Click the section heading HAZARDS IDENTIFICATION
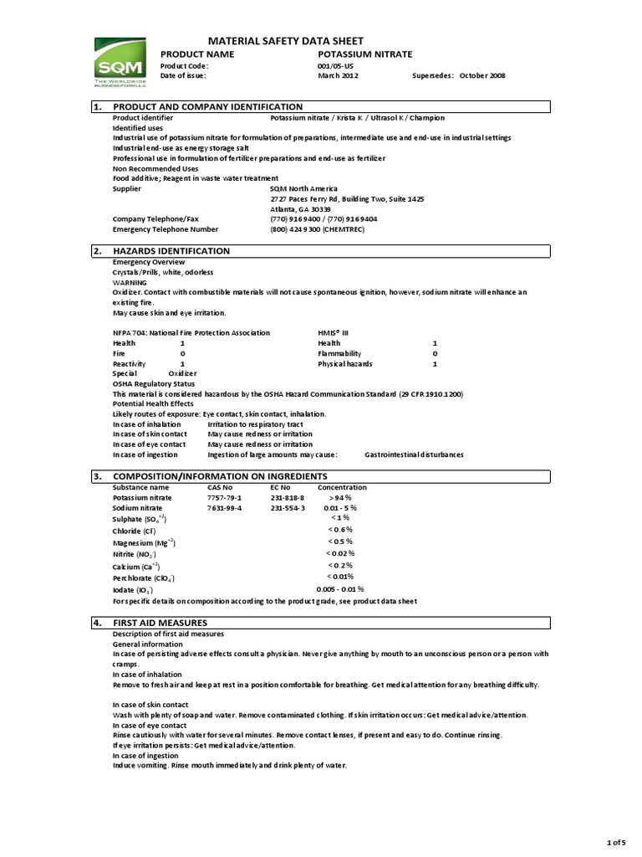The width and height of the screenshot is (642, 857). click(171, 251)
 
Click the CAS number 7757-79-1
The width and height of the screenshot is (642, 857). click(224, 497)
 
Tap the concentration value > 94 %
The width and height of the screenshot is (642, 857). click(340, 497)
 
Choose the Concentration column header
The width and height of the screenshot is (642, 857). click(342, 487)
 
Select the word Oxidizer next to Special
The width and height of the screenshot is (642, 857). click(182, 373)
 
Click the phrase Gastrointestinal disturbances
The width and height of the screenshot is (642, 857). click(414, 454)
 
